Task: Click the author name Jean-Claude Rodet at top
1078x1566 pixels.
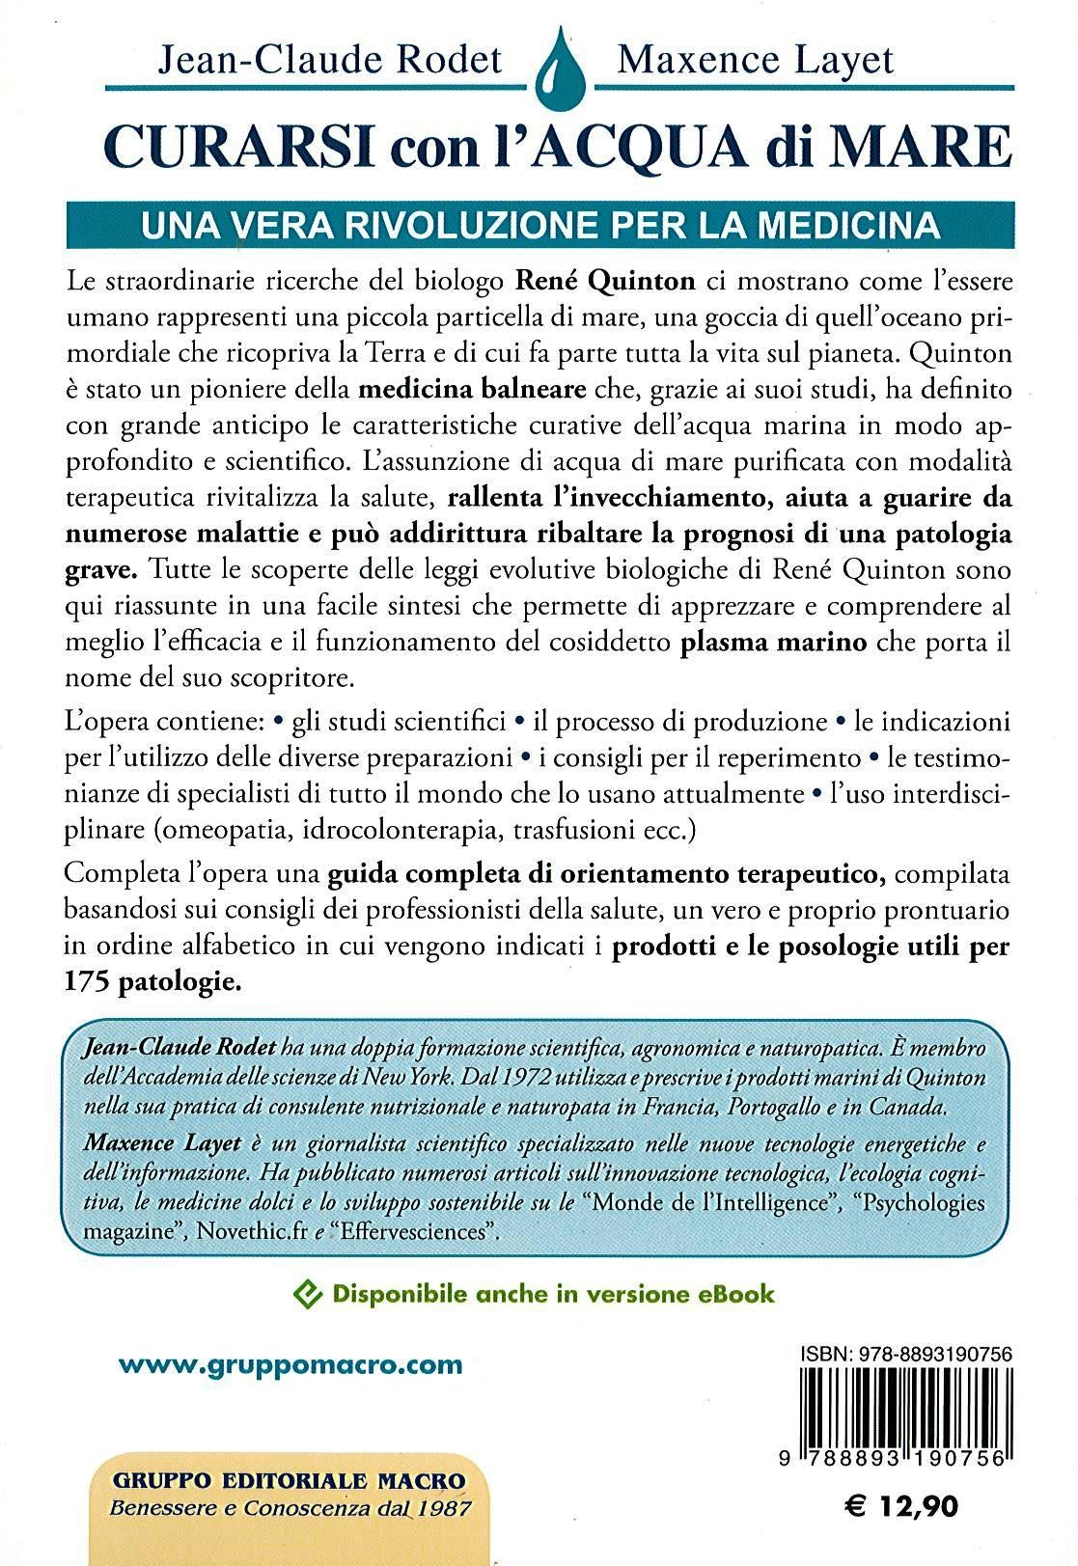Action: click(330, 60)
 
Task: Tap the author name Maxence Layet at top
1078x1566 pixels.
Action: click(756, 60)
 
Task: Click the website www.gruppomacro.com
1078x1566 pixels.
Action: click(290, 1365)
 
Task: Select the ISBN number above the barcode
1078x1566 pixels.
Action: click(906, 1355)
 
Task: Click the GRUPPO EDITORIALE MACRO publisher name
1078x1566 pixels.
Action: click(290, 1480)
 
